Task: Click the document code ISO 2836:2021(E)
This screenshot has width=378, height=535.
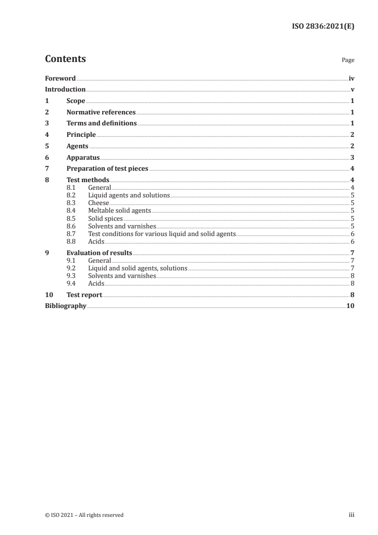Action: (323, 27)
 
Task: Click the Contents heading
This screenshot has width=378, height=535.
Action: (65, 59)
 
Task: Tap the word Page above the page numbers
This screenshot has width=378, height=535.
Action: (348, 60)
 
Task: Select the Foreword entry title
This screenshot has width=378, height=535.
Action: (60, 78)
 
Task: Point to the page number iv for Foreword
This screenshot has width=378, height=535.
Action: (351, 78)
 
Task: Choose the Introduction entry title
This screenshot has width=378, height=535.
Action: (65, 89)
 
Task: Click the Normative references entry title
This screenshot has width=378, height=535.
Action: (101, 113)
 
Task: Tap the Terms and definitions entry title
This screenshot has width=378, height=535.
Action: (102, 123)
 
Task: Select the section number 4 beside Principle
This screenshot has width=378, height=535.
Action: (47, 134)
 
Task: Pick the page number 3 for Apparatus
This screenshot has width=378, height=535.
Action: (352, 157)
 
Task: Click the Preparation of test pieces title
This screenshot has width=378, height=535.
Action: (107, 168)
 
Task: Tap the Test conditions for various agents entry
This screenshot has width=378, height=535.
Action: (162, 234)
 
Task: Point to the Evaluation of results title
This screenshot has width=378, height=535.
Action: (99, 253)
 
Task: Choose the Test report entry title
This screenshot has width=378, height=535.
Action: (84, 295)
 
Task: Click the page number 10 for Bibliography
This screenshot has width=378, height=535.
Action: (350, 306)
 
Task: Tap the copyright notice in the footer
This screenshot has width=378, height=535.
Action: (84, 515)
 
